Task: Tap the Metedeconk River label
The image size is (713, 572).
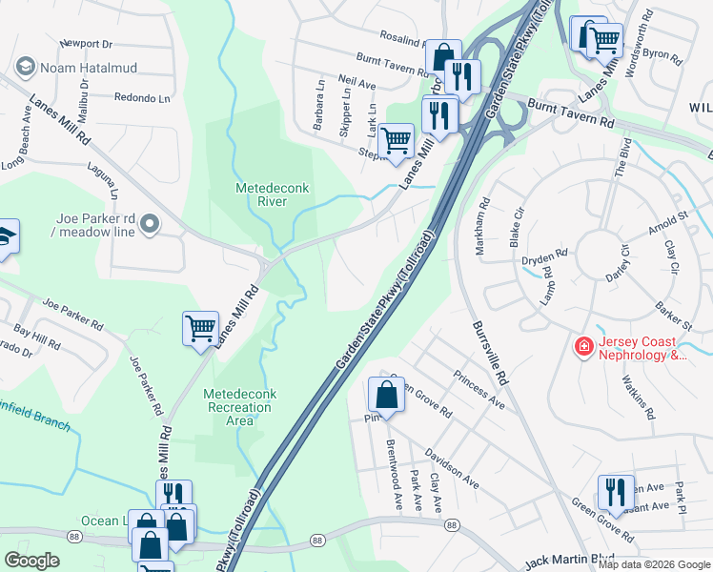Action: (269, 194)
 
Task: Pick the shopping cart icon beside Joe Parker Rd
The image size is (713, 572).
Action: (200, 328)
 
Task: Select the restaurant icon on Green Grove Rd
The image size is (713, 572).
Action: (616, 492)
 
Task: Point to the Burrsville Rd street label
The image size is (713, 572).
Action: (489, 352)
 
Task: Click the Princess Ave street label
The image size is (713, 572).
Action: (479, 389)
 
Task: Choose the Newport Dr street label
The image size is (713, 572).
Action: (86, 44)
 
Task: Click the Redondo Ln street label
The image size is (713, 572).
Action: (141, 97)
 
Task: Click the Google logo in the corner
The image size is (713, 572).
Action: (31, 561)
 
